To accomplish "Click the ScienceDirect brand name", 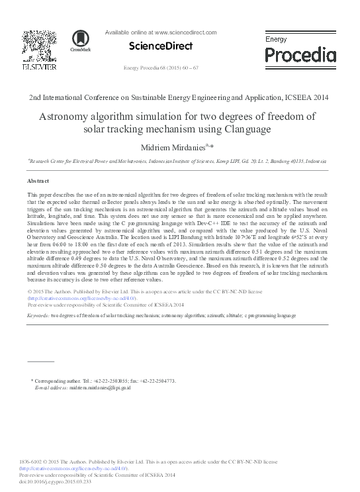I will point(161,46).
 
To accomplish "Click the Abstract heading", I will point(38,180).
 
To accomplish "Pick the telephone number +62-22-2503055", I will point(105,381).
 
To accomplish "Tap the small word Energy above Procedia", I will point(276,40).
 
